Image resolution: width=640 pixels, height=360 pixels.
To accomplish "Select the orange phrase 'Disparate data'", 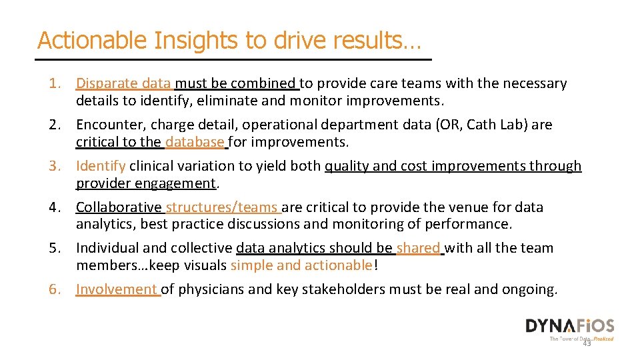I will click(123, 83).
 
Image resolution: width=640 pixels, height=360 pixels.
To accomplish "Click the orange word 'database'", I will click(195, 141).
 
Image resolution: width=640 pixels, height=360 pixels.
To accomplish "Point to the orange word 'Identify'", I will click(101, 166).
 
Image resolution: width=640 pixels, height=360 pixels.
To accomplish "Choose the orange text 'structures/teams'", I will click(222, 207).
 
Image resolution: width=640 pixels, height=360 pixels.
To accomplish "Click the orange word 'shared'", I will click(418, 248).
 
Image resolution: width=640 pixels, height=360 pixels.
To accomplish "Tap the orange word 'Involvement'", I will click(117, 289).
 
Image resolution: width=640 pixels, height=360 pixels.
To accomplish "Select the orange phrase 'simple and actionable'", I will click(301, 265).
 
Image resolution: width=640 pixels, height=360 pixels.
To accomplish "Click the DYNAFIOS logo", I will click(569, 326).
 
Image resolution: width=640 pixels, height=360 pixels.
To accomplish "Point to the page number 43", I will click(587, 343).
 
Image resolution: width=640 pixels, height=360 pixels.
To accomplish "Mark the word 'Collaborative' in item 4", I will click(119, 207).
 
